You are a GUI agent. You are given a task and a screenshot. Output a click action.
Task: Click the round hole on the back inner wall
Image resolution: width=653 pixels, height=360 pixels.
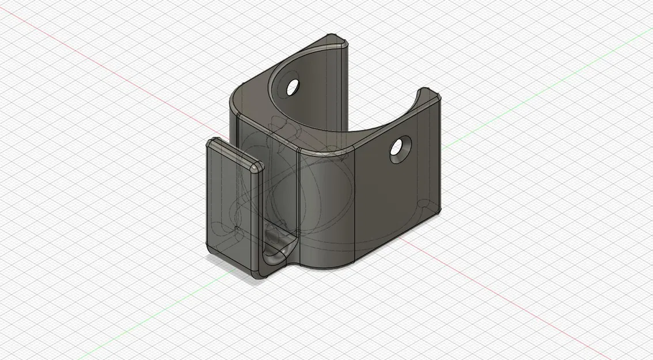tap(293, 87)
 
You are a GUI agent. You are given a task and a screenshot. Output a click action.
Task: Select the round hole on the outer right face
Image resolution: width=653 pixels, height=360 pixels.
tap(398, 149)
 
